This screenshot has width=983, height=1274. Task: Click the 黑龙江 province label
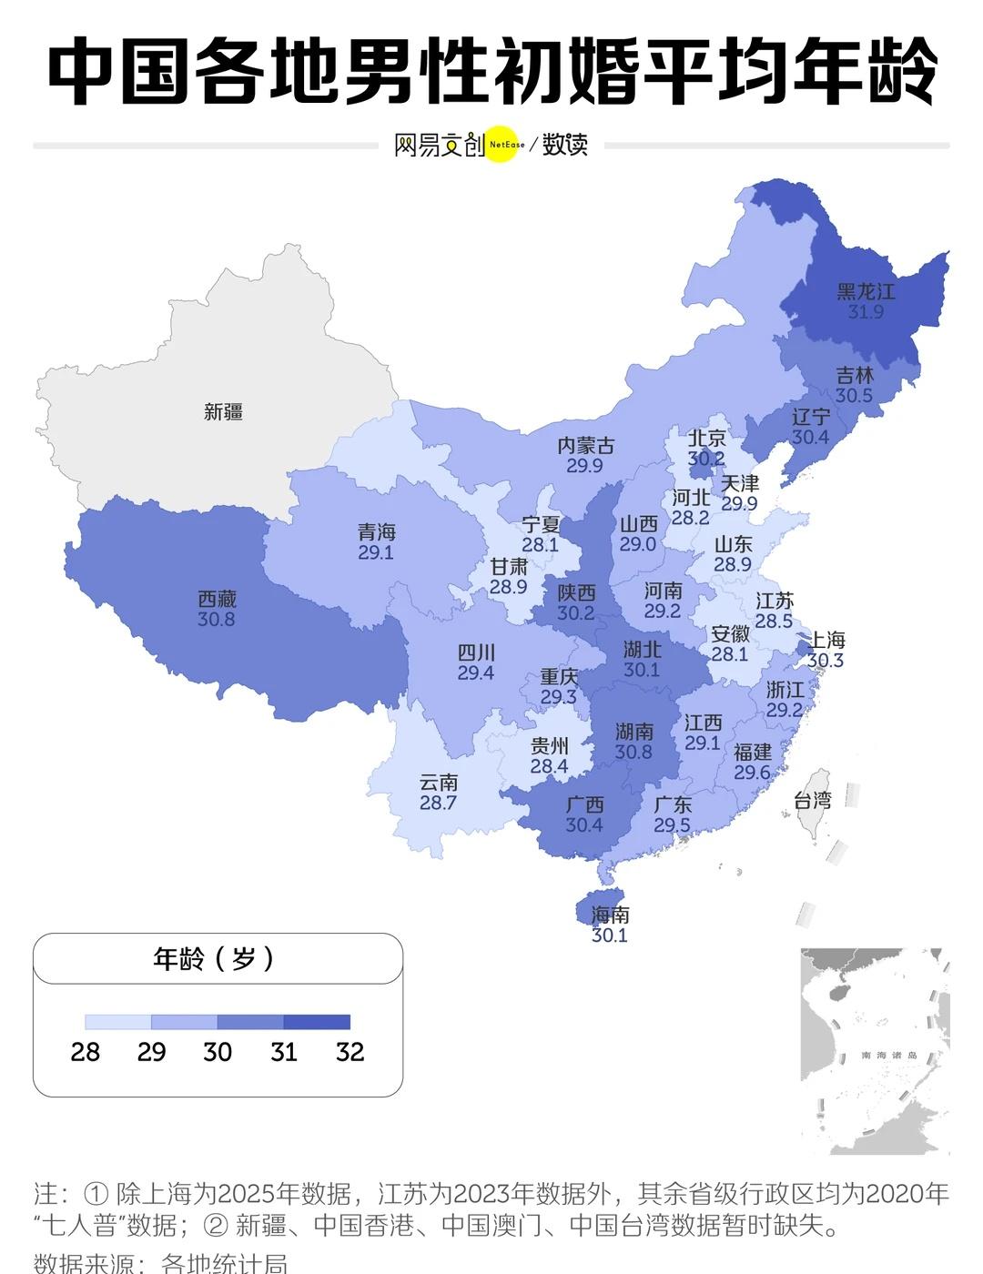click(866, 291)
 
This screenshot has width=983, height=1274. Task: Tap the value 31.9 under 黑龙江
click(866, 312)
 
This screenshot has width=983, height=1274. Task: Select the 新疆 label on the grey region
click(223, 412)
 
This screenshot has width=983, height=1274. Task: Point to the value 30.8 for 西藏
click(217, 620)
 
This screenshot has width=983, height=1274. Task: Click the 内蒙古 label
click(585, 446)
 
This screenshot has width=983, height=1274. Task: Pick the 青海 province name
click(376, 532)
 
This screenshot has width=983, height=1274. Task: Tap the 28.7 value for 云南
click(438, 804)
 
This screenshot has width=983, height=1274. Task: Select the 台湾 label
click(813, 801)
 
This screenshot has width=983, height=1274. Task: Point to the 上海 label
click(826, 641)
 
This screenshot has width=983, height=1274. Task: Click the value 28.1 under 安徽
click(729, 654)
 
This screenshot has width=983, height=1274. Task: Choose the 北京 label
click(706, 439)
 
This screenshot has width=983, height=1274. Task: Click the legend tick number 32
click(350, 1053)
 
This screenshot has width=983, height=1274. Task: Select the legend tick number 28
click(86, 1053)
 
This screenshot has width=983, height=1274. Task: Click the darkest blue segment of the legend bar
click(317, 1022)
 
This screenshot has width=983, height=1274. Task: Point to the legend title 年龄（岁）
click(216, 959)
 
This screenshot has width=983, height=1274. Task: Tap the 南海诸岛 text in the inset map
click(889, 1056)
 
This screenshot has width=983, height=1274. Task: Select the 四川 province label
click(476, 652)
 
